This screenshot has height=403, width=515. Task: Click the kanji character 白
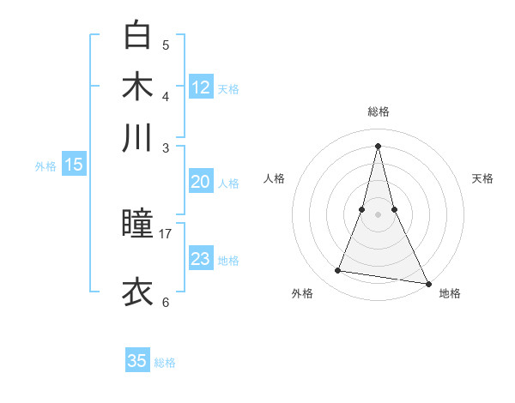[x=137, y=35]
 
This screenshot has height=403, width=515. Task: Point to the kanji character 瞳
[x=137, y=226]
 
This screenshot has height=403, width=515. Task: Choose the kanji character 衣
[x=137, y=292]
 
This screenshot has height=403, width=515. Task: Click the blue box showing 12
[x=201, y=87]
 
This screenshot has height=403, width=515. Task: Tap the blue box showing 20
[x=201, y=182]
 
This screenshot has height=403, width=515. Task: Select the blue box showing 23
[x=201, y=259]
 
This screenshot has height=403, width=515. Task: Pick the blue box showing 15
[x=74, y=165]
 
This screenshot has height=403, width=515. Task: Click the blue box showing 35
[x=137, y=361]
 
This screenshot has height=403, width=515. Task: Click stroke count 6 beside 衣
[x=166, y=302]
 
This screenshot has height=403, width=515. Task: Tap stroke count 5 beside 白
[x=166, y=45]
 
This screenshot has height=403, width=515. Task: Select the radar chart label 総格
[x=378, y=111]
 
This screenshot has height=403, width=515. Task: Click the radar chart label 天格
[x=482, y=178]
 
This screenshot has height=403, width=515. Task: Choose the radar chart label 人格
[x=274, y=178]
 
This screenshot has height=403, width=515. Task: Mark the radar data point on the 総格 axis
[x=378, y=145]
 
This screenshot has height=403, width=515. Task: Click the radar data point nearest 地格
[x=427, y=282]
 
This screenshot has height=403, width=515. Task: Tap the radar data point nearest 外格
[x=338, y=271]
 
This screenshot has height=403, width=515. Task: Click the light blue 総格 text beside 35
[x=166, y=362]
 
